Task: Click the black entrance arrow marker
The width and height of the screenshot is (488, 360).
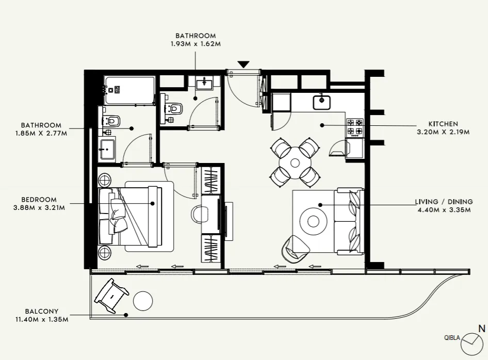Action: pos(243,64)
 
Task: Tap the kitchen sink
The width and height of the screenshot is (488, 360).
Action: pos(322,102)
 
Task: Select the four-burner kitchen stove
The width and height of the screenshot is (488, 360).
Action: pos(355,127)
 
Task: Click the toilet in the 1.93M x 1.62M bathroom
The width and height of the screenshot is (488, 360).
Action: pos(174,109)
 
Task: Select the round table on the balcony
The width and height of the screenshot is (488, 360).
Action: pos(143,300)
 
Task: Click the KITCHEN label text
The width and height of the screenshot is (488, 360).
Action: pos(443,124)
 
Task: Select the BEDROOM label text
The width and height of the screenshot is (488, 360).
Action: pos(39,200)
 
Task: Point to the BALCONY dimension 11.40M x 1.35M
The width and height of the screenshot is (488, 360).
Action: pos(42,319)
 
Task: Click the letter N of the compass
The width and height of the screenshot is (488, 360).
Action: pos(481,328)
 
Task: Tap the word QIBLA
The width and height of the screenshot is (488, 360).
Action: pos(452,338)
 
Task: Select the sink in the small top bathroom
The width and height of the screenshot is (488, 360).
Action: pos(205,82)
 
